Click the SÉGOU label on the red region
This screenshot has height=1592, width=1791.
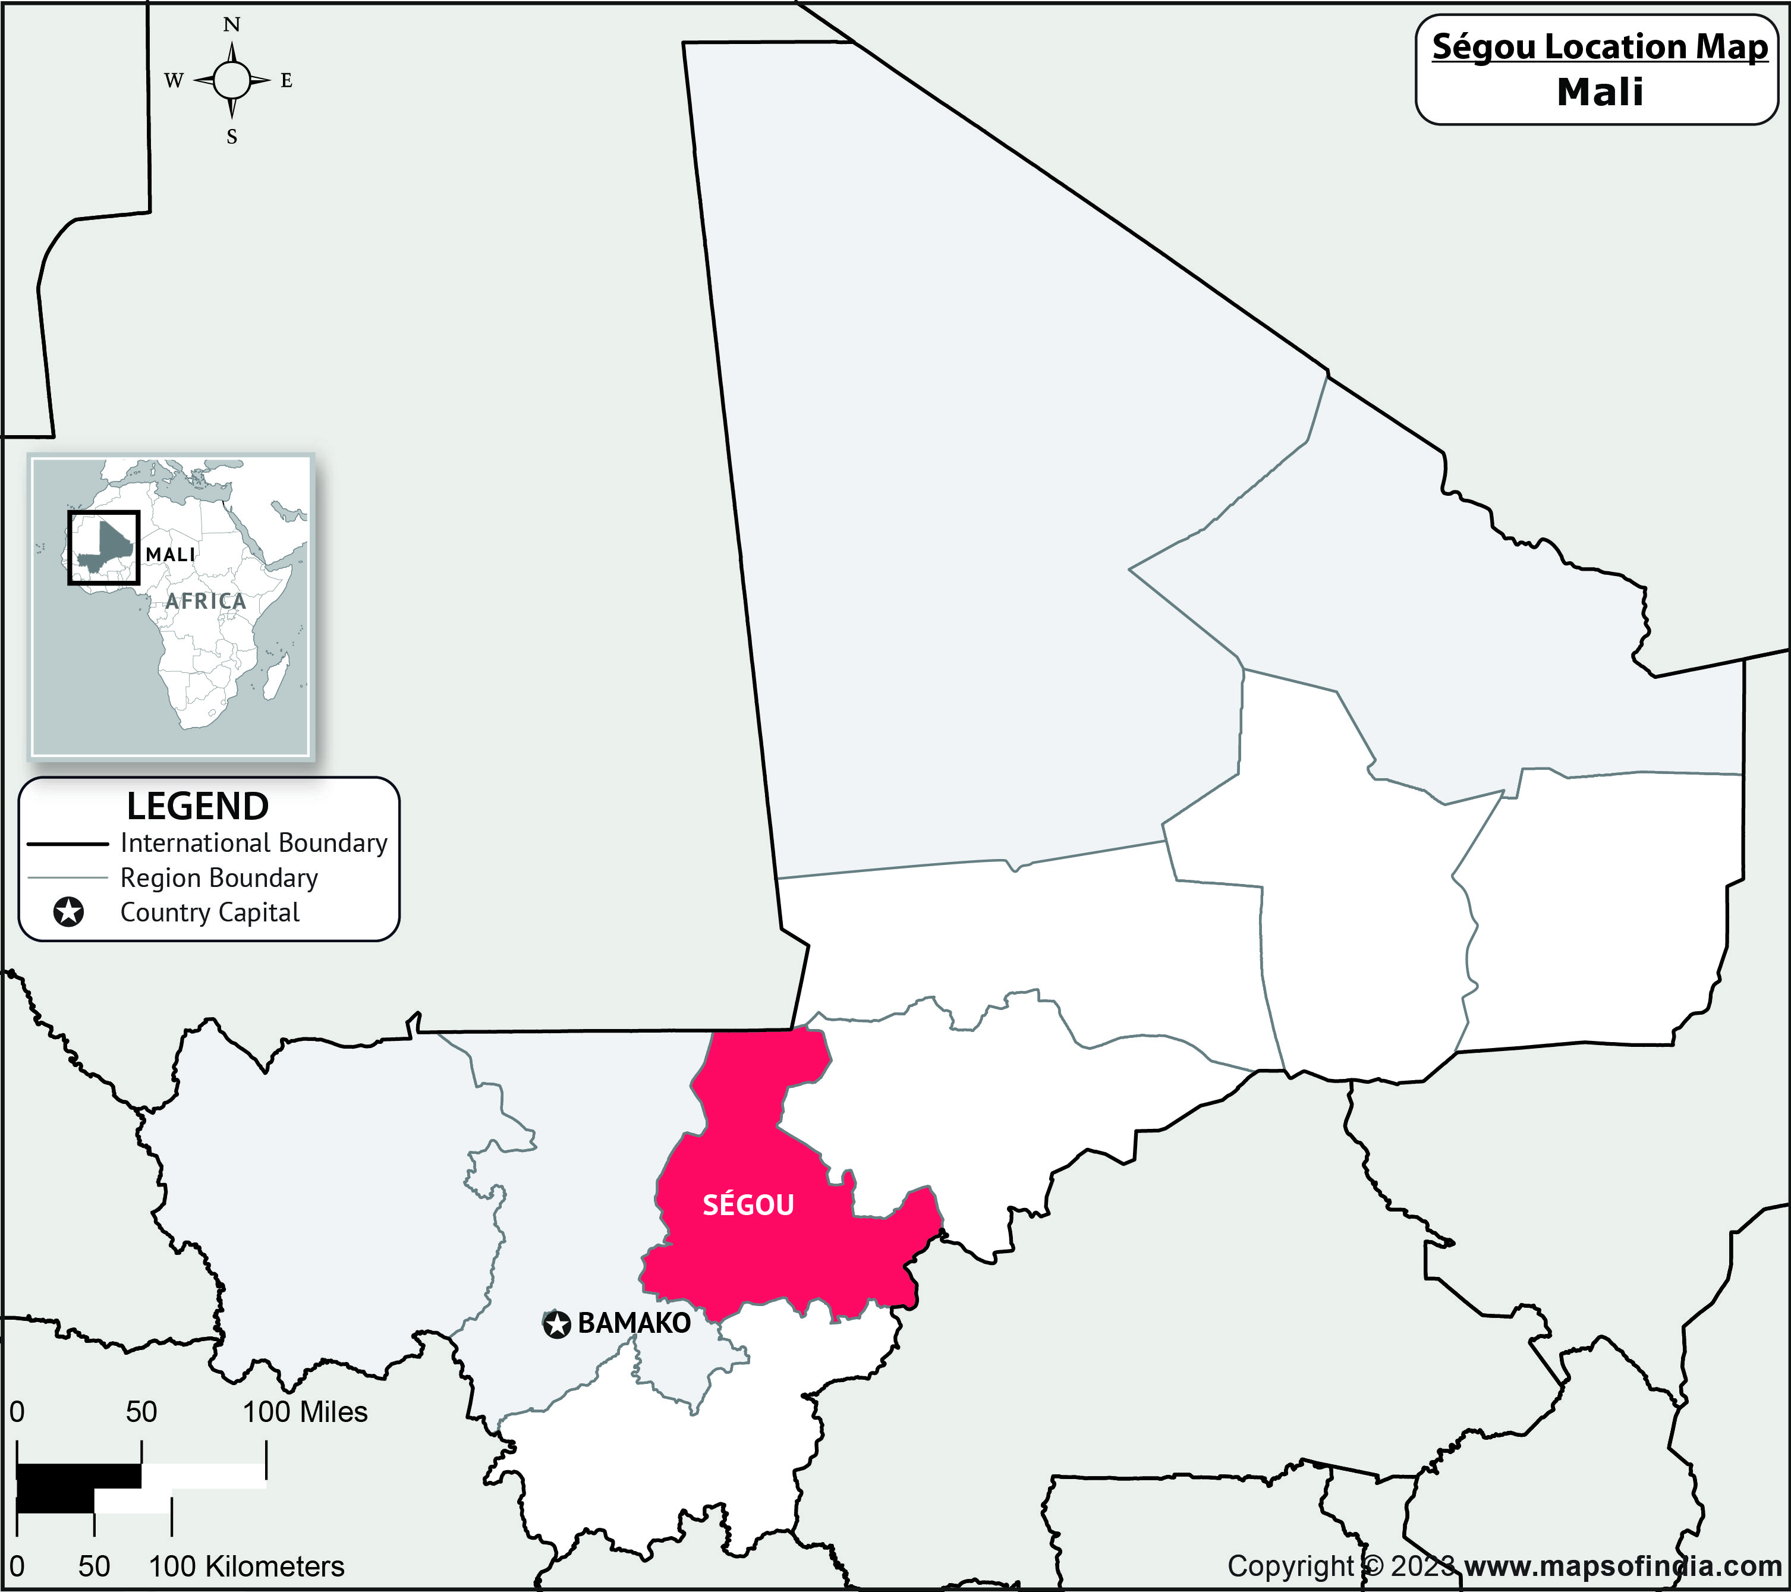[x=748, y=1206]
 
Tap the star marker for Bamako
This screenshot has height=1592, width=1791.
[x=556, y=1324]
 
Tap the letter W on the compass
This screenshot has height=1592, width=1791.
[x=174, y=81]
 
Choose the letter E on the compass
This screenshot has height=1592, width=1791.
[x=287, y=81]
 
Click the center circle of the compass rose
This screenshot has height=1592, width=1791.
[x=231, y=81]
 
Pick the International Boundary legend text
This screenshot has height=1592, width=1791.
[x=254, y=843]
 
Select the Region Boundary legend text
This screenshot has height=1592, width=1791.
[x=219, y=878]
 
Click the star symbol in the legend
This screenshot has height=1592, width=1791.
[x=68, y=912]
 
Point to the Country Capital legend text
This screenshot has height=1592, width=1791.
[x=210, y=912]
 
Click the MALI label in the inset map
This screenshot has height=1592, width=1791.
[x=171, y=555]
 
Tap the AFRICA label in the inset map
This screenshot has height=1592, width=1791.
[x=206, y=601]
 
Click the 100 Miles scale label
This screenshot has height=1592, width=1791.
[x=305, y=1411]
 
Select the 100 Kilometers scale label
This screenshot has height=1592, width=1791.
[x=246, y=1566]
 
